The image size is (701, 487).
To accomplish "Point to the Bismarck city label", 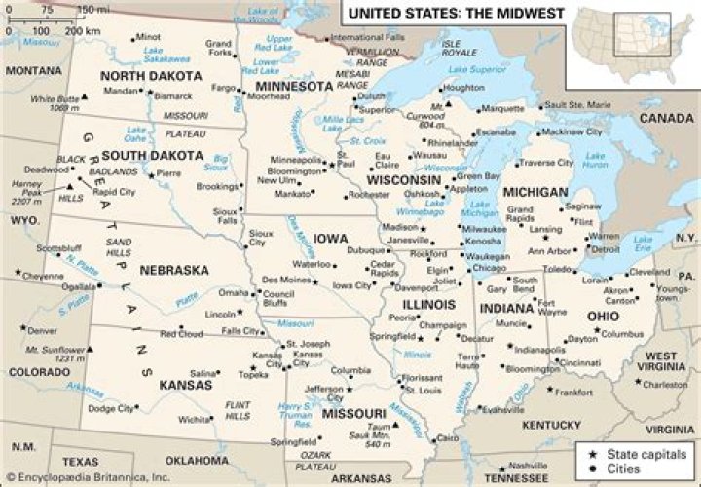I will tap(173, 97).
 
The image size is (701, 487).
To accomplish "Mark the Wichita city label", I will tap(195, 420).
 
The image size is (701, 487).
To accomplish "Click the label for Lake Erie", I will tap(644, 239).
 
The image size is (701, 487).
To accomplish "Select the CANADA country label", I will tap(667, 118).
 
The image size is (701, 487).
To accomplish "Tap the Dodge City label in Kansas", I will tap(111, 409).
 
